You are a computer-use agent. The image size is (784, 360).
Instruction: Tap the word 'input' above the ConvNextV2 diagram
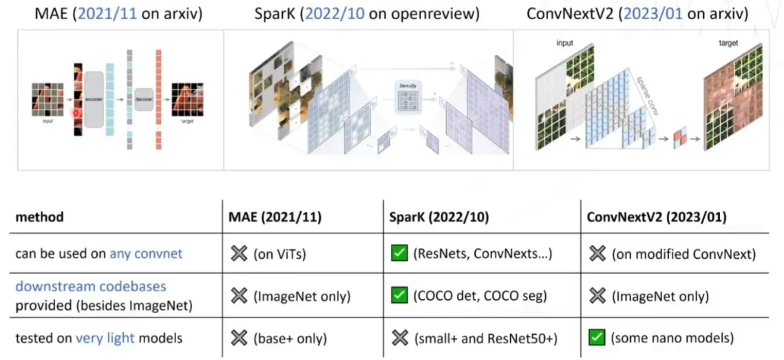click(565, 43)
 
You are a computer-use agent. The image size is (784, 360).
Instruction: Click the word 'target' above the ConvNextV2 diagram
click(728, 43)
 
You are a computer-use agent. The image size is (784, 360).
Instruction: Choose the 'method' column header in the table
click(39, 217)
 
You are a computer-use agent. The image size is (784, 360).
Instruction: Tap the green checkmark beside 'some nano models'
click(596, 338)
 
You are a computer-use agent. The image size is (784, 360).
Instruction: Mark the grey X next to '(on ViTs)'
click(239, 254)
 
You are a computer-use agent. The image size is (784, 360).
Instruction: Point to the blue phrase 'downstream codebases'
click(91, 286)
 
